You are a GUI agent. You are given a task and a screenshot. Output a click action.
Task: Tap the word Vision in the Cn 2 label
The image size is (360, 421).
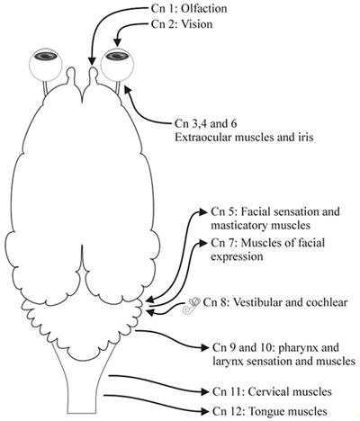pos(197,24)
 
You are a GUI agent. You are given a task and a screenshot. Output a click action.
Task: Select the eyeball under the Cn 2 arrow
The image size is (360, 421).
pos(117,65)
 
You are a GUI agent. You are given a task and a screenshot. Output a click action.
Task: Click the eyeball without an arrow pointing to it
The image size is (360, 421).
pos(45,65)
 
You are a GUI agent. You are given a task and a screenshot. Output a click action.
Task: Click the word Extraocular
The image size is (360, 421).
pos(202,138)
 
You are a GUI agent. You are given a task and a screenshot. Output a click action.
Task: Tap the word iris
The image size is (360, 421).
pos(306,138)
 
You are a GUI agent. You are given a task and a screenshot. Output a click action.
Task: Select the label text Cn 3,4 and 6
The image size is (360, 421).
pos(206,123)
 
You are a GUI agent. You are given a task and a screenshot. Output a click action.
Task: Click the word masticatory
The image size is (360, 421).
pos(238,225)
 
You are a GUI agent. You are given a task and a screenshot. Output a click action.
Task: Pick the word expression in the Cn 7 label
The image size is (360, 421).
pos(237,256)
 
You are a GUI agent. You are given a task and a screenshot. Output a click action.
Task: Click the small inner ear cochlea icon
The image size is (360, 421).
pos(192,305)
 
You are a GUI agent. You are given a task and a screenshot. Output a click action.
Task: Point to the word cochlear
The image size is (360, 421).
pos(327,302)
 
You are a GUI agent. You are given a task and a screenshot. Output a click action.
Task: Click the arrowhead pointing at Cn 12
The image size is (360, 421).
pos(204,411)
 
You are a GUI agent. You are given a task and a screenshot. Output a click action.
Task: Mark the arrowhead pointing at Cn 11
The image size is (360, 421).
pos(204,391)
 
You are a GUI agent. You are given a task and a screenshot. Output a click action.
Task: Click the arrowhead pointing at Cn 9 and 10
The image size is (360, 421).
pos(204,348)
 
